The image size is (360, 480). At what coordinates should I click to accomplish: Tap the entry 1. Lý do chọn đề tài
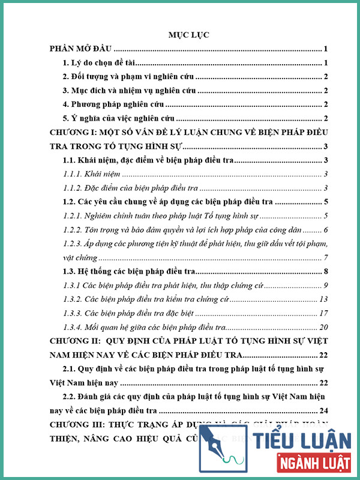tap(101, 63)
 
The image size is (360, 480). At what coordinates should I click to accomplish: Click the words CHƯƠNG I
tap(70, 132)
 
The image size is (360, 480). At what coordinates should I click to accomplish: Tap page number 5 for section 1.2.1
tap(325, 215)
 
